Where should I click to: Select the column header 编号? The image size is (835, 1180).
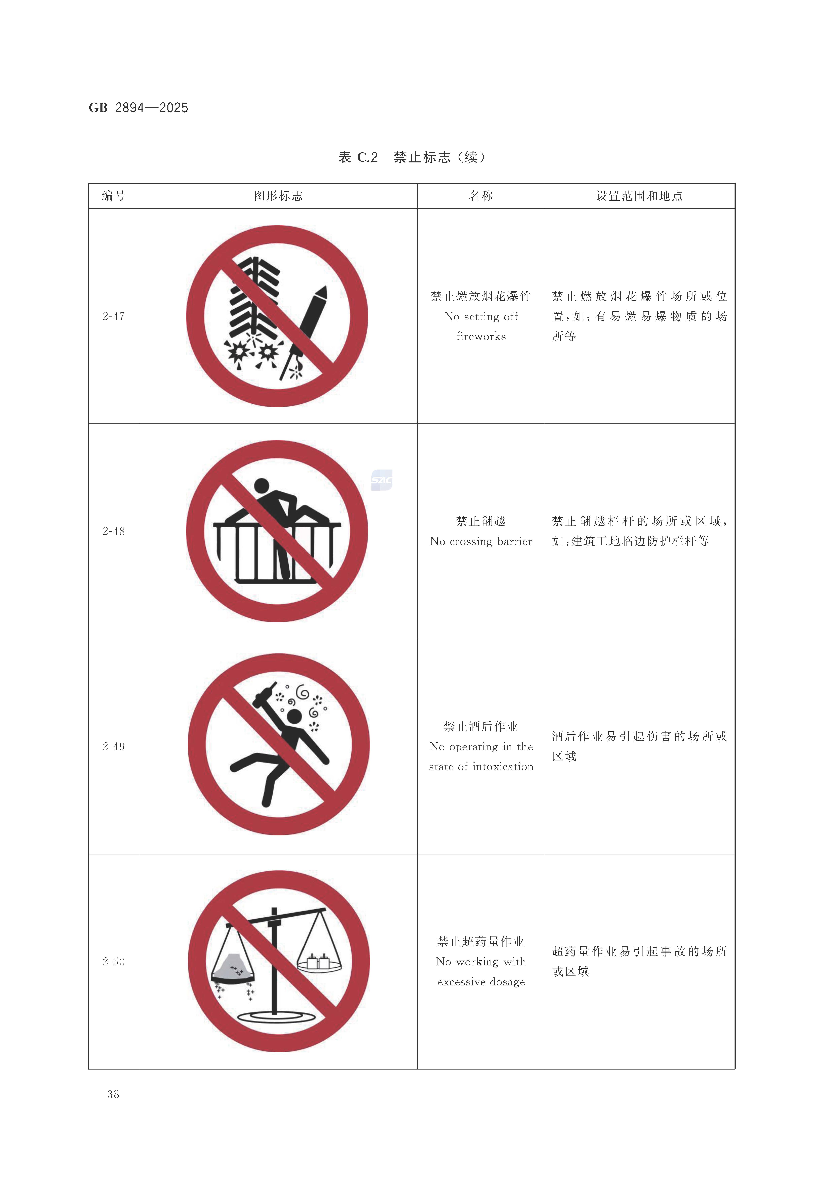tap(114, 196)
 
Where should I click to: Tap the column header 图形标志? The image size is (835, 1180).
tap(278, 196)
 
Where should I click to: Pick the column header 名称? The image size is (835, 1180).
tap(481, 196)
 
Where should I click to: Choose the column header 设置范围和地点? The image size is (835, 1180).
tap(639, 196)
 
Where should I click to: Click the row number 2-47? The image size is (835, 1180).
tap(114, 317)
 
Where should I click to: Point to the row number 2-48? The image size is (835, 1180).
tap(114, 531)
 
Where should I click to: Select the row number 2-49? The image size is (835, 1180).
tap(114, 747)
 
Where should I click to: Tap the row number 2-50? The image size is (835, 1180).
tap(114, 962)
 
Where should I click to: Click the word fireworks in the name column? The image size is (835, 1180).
tap(481, 337)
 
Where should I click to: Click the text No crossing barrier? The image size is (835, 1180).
tap(481, 541)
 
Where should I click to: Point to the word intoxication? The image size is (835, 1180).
tap(503, 767)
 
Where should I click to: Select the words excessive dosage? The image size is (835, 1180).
tap(481, 982)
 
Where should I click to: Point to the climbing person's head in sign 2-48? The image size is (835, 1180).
tap(262, 485)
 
